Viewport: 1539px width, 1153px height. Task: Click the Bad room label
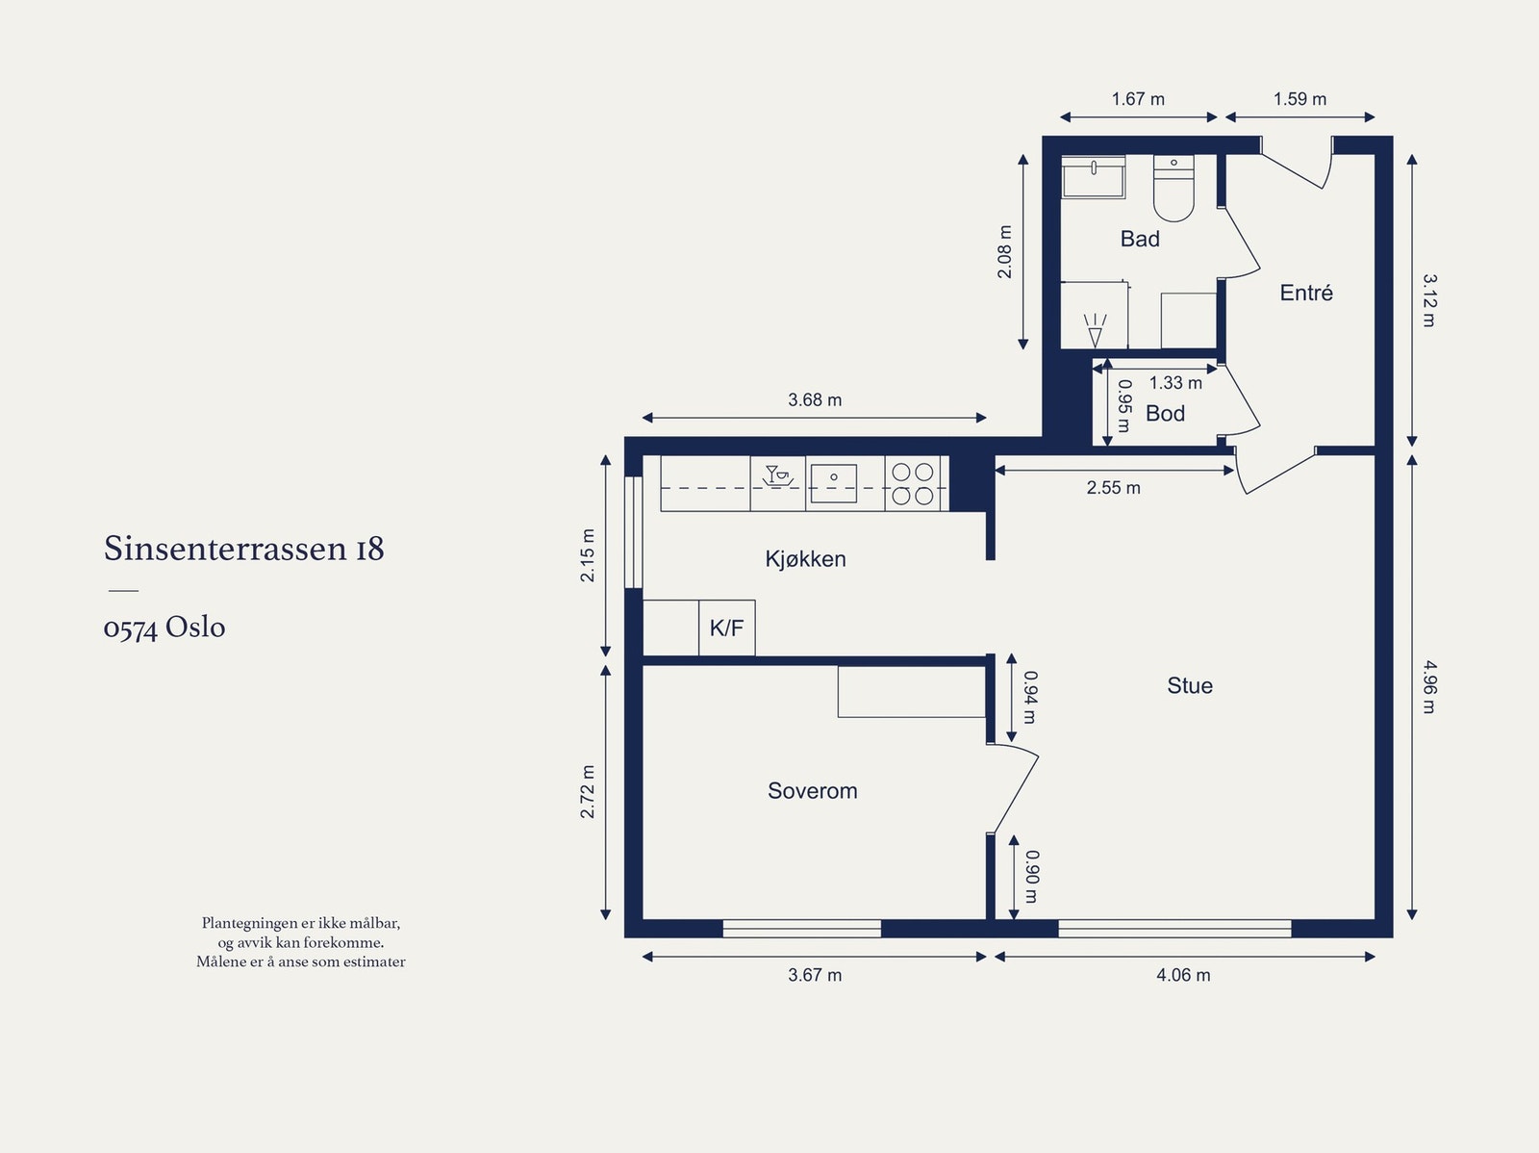[x=1140, y=239]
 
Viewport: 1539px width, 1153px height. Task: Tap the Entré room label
[x=1306, y=293]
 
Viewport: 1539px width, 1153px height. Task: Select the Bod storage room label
[x=1165, y=414]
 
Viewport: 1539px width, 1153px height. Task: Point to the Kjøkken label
[x=805, y=559]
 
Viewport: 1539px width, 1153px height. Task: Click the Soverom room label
[x=812, y=791]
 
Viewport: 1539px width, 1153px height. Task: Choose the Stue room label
[x=1189, y=685]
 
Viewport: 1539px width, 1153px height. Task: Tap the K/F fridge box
[x=726, y=628]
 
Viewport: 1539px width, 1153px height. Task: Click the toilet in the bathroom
[x=1173, y=188]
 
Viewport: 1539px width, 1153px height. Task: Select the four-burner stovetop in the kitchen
[x=912, y=483]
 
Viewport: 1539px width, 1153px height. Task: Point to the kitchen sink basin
[x=834, y=483]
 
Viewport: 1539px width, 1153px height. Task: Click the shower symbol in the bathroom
[x=1095, y=330]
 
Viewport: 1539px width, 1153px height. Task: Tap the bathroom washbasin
[x=1093, y=177]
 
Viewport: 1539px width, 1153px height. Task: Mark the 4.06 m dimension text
[x=1183, y=975]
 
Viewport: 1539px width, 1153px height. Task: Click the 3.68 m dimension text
[x=814, y=399]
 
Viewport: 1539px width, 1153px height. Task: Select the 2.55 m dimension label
[x=1113, y=487]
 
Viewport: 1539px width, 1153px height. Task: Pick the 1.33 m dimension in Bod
[x=1175, y=383]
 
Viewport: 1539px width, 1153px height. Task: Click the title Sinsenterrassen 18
[x=244, y=548]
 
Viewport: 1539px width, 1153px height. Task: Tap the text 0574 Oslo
[x=164, y=628]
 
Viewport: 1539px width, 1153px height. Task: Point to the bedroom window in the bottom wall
[x=801, y=929]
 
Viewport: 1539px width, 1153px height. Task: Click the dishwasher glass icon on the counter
[x=777, y=475]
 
